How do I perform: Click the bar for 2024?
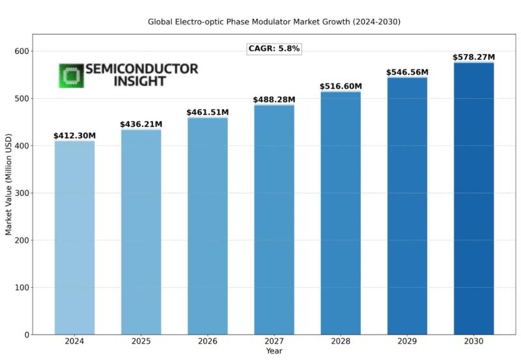74,238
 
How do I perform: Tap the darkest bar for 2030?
473,199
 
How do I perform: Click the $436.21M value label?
141,124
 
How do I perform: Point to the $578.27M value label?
473,57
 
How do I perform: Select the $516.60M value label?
341,87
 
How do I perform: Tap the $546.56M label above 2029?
407,72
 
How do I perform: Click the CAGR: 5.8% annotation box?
274,49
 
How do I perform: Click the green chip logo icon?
71,76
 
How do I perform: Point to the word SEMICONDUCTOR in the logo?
141,69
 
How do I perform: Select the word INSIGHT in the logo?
139,81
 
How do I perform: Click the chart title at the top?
274,21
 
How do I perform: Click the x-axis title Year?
274,352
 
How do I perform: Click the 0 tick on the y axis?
27,335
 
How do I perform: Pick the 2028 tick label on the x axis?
341,342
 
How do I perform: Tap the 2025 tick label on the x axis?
141,342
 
